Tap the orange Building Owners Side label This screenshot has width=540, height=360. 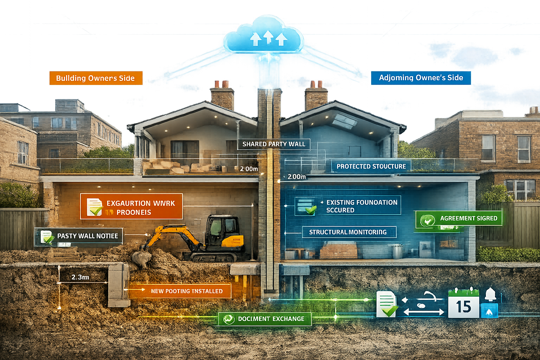point(96,78)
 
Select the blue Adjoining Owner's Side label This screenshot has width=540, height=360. point(420,78)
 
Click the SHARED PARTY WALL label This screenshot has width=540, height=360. point(274,144)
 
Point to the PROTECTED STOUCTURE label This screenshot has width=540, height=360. point(371,166)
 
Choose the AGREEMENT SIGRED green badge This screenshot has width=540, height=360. point(459,219)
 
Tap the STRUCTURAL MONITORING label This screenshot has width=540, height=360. point(348,232)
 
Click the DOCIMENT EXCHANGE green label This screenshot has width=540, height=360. point(265,319)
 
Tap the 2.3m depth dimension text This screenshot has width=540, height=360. point(80,277)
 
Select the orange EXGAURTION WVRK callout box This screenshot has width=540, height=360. point(131,206)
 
